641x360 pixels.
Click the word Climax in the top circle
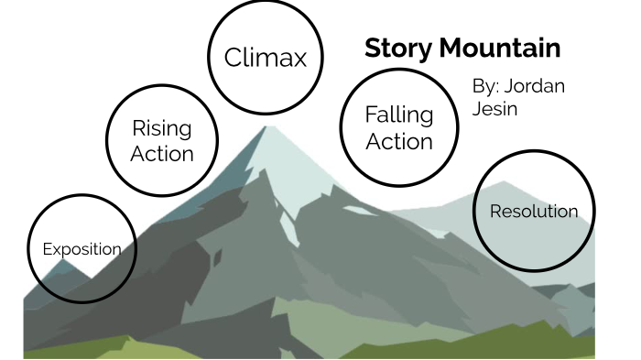tap(265, 58)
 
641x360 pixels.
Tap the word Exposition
tap(81, 248)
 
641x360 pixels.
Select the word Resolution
tap(534, 212)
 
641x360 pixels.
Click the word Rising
tap(162, 127)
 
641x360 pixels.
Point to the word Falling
tap(398, 115)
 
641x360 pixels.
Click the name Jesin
tap(494, 108)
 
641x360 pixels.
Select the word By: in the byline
tap(484, 86)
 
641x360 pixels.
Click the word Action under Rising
tap(162, 153)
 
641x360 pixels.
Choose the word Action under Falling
tap(399, 142)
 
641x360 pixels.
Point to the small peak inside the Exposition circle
tap(62, 264)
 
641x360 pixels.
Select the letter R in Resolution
tap(495, 212)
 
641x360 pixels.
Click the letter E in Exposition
tap(47, 248)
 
